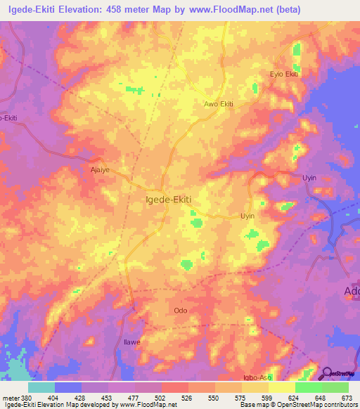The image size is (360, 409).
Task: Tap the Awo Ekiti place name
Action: coord(218,104)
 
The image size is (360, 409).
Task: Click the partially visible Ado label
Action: coord(352,291)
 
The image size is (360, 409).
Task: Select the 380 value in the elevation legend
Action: coord(26,396)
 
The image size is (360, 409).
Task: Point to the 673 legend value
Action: coord(347,396)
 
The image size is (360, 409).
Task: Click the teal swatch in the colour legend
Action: coord(41,387)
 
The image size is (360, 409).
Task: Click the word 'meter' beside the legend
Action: coord(10,396)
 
